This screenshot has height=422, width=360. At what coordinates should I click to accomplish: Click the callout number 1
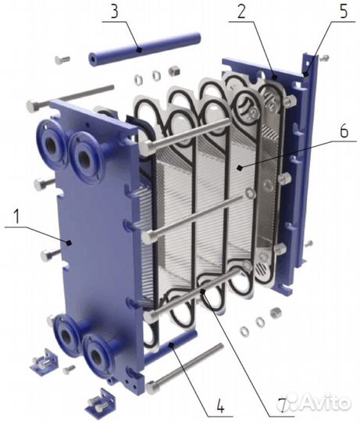click(x=16, y=217)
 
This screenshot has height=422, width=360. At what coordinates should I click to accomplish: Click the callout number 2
click(x=241, y=11)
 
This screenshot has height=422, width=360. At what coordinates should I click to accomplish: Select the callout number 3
click(x=115, y=12)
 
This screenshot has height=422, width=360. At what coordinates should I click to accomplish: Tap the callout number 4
click(x=220, y=405)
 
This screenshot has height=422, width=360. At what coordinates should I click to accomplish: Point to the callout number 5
click(x=344, y=11)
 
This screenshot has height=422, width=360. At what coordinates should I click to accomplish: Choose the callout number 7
click(x=281, y=405)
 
